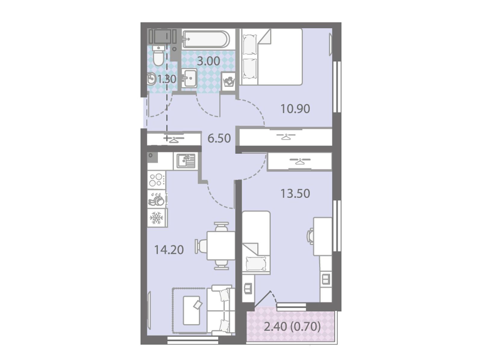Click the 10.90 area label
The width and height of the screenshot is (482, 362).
pyautogui.click(x=295, y=109)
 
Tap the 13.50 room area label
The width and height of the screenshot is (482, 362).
pyautogui.click(x=295, y=194)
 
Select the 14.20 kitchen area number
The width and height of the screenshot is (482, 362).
pyautogui.click(x=169, y=250)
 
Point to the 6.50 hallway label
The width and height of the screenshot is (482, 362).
pyautogui.click(x=219, y=139)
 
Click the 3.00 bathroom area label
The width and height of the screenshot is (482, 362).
pyautogui.click(x=208, y=61)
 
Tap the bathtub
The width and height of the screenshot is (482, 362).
pyautogui.click(x=206, y=39)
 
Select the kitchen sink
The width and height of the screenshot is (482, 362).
pyautogui.click(x=186, y=162)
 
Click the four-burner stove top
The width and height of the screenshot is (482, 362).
pyautogui.click(x=156, y=180)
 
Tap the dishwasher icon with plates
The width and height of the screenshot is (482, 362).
pyautogui.click(x=156, y=199)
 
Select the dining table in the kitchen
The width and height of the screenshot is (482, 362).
pyautogui.click(x=221, y=245)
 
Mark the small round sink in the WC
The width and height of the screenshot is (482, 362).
pyautogui.click(x=152, y=79)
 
